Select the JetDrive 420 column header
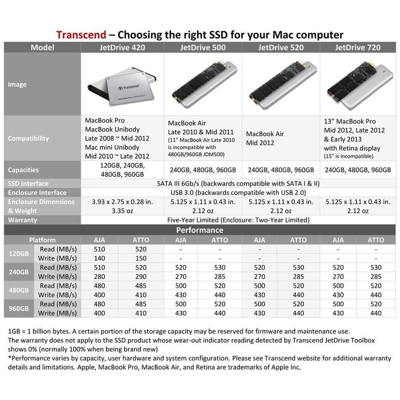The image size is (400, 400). click(x=122, y=47)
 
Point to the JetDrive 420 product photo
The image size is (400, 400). click(x=122, y=84)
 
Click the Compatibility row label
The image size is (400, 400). click(x=29, y=138)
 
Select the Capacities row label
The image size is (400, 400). click(x=23, y=170)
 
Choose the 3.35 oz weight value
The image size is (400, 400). click(x=122, y=211)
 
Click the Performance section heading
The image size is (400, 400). click(x=199, y=230)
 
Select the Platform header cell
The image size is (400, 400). click(x=43, y=240)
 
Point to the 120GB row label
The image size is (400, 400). click(x=19, y=254)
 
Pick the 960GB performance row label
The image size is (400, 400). click(x=19, y=309)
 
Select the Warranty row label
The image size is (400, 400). click(x=23, y=220)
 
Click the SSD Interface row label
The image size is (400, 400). click(x=27, y=183)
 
